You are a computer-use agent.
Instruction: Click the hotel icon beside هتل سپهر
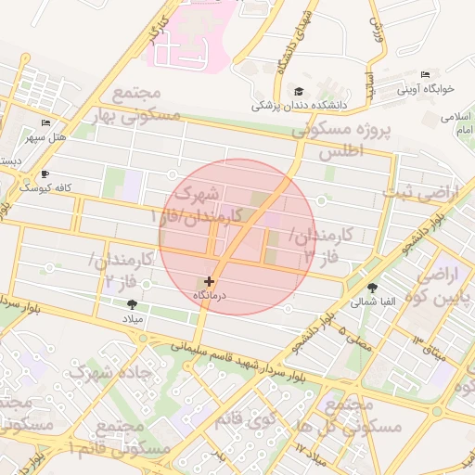point(46,123)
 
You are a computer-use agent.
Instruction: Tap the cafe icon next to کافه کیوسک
point(45,173)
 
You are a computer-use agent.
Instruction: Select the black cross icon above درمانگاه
point(209,280)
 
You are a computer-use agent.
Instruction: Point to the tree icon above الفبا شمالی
point(372,289)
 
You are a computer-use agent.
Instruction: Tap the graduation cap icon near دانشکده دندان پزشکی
point(299,91)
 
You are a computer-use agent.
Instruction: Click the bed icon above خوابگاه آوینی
point(425,75)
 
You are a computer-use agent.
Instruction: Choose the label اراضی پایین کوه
point(443,287)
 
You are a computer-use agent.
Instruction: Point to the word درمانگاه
point(210,294)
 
